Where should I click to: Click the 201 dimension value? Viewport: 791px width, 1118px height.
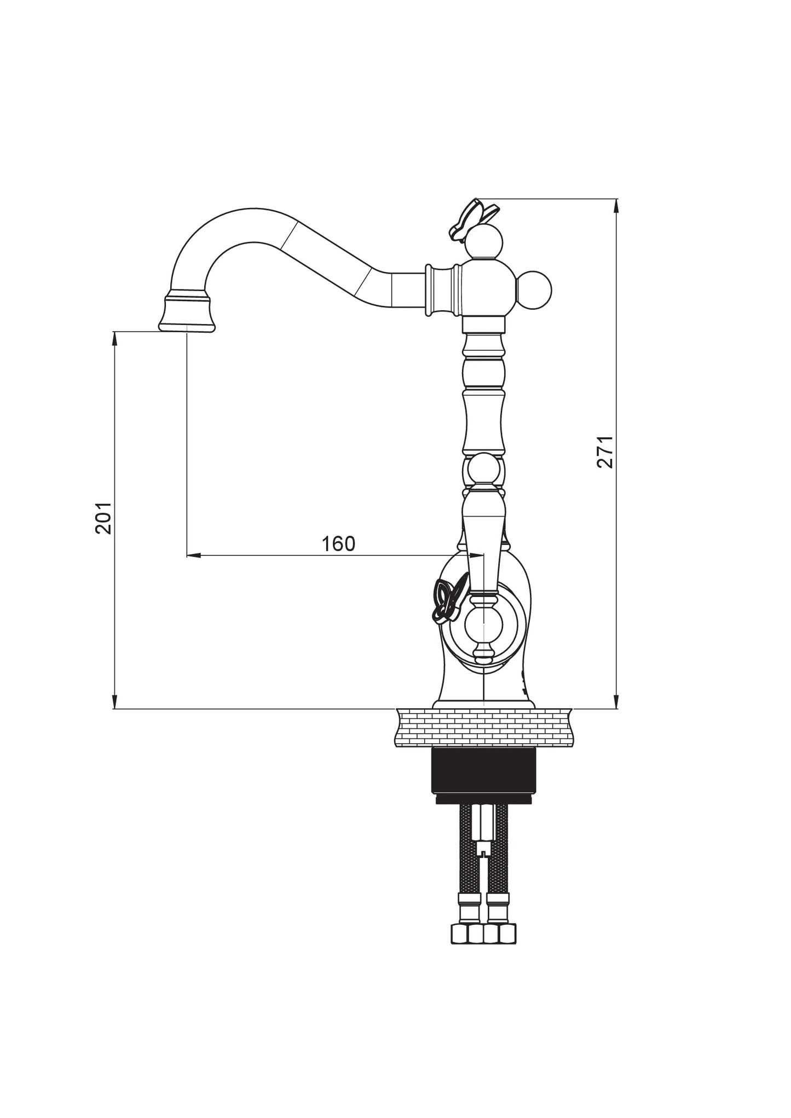103,518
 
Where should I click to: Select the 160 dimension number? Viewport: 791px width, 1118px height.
338,543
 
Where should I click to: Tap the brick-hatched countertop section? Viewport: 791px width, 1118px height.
484,727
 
